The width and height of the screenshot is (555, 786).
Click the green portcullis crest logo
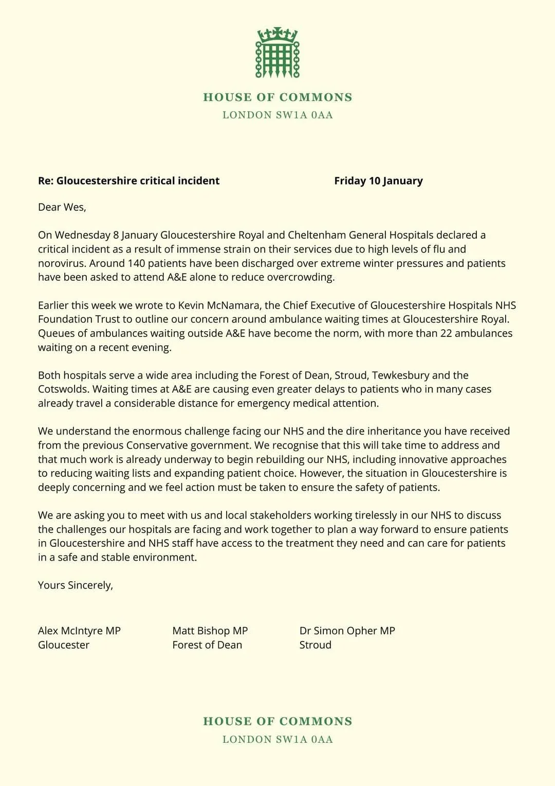(x=277, y=53)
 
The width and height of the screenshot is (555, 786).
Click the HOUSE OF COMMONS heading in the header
(x=277, y=97)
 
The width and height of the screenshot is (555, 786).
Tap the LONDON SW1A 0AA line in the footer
(x=277, y=739)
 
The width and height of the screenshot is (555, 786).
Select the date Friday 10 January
(x=378, y=181)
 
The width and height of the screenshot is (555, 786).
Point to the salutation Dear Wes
(x=62, y=207)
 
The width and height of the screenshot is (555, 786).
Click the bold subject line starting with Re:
(x=128, y=181)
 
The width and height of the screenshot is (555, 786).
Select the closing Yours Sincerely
(x=75, y=585)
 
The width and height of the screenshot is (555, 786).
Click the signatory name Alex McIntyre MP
(x=79, y=631)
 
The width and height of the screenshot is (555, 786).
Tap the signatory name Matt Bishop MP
(x=210, y=631)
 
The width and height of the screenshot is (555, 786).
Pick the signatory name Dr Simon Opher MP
(x=347, y=631)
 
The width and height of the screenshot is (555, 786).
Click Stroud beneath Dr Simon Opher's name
(x=315, y=645)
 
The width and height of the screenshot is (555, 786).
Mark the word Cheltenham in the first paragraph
(x=317, y=235)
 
